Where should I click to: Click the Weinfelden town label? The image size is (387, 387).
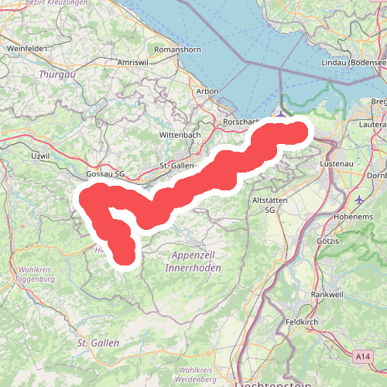(27, 48)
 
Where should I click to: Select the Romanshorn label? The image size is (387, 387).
(176, 48)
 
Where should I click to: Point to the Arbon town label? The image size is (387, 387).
(207, 91)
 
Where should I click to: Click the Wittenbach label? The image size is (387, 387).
(181, 135)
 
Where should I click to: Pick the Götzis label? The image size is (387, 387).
(327, 241)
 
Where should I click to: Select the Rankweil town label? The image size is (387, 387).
(327, 294)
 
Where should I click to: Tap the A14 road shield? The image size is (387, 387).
(364, 356)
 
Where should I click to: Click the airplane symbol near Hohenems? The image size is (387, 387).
(359, 199)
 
